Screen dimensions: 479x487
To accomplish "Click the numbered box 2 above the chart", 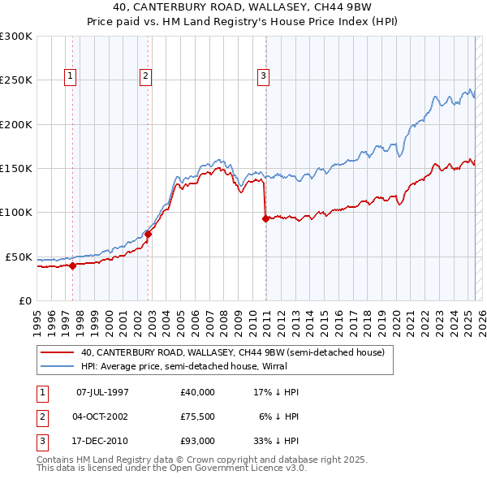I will [145, 77].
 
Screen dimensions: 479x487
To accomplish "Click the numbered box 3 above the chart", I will [264, 77].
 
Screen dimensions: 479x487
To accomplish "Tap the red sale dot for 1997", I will [72, 265].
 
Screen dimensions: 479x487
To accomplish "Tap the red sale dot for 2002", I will [148, 234].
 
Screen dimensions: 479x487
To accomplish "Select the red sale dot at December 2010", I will [265, 218].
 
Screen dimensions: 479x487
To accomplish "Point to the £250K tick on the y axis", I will [15, 80].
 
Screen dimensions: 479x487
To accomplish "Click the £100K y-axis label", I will [15, 213].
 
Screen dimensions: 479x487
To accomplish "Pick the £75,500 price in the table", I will [198, 416].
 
